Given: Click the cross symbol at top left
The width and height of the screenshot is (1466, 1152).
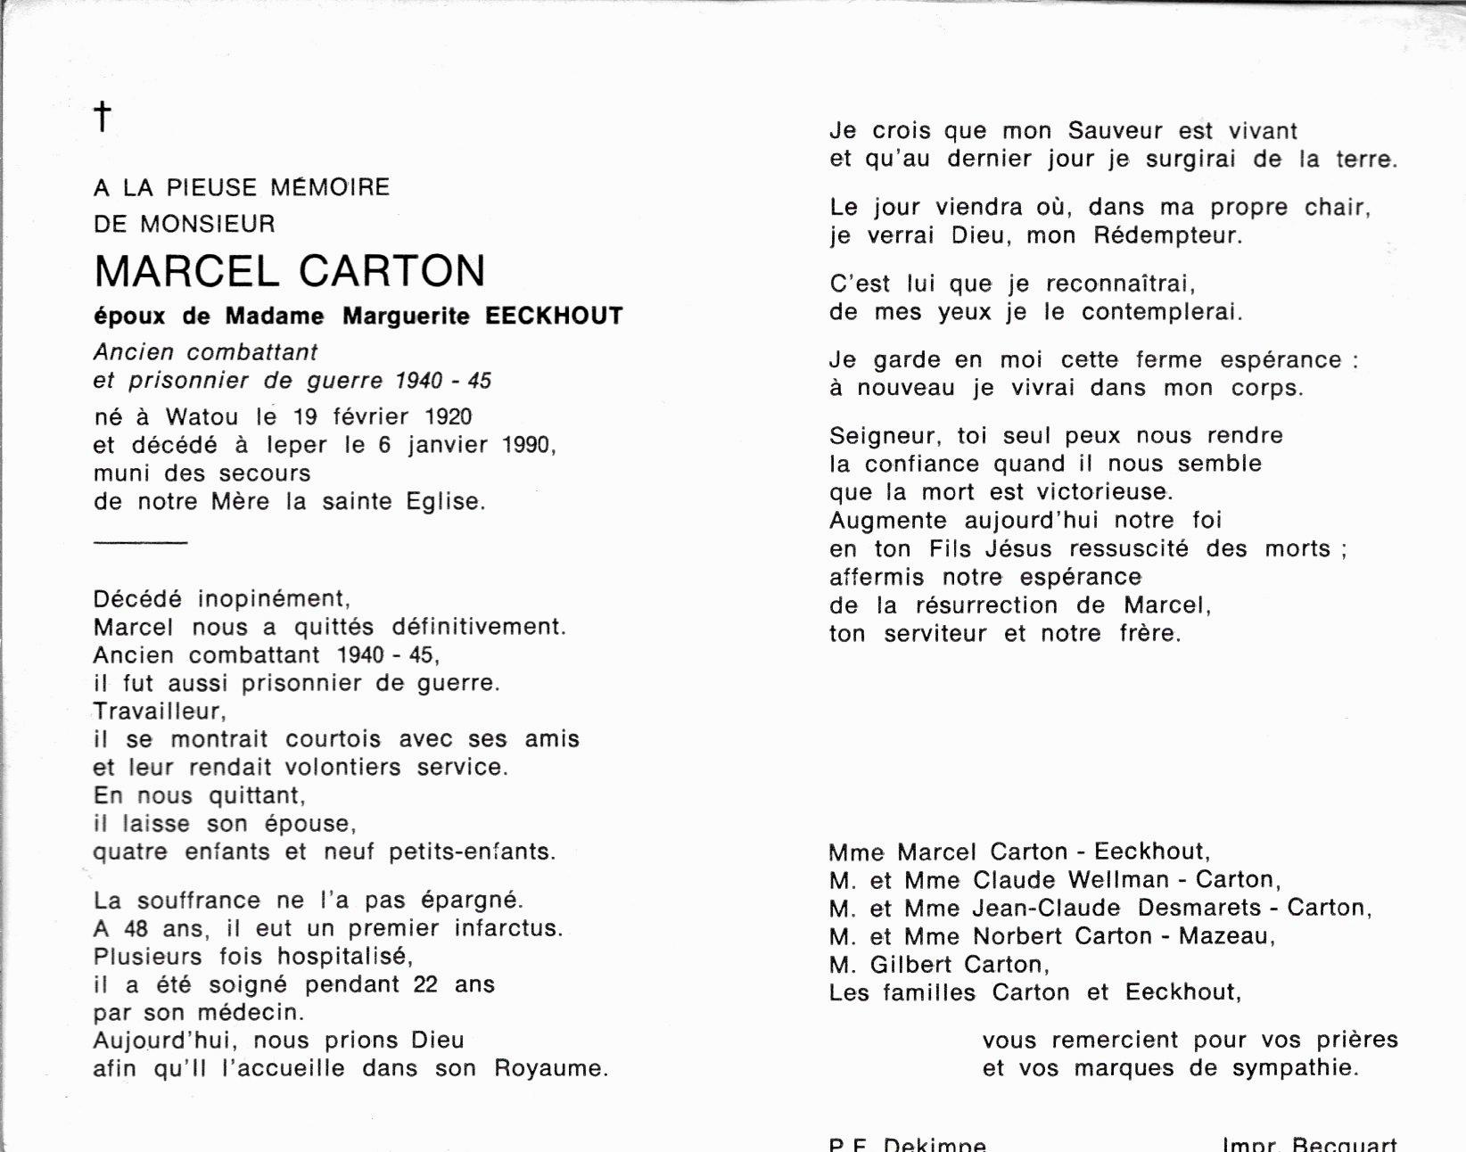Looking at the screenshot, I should pyautogui.click(x=103, y=116).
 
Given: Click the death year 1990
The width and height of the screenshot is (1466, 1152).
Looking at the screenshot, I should pyautogui.click(x=529, y=445).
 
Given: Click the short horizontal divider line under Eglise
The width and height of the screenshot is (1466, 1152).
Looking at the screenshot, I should pyautogui.click(x=140, y=542).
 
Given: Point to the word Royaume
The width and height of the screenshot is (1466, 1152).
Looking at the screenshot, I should pyautogui.click(x=550, y=1068).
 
